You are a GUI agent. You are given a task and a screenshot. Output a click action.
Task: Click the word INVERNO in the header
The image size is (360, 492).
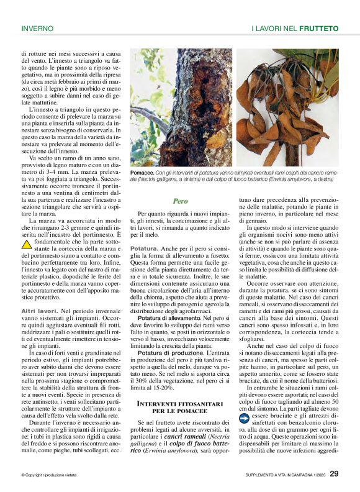coord(37,28)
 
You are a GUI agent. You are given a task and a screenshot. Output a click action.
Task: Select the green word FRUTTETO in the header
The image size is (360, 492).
coord(318,28)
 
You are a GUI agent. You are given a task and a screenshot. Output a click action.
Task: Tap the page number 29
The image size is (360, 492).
coord(334,474)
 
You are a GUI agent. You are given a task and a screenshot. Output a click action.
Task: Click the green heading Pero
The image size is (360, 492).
coord(181,201)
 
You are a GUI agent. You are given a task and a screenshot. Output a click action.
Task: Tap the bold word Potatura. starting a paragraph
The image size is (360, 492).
coord(144,248)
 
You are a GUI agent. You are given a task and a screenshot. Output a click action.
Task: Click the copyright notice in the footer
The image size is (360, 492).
coord(49,475)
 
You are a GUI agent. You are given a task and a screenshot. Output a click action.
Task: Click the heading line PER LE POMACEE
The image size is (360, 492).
coord(181,412)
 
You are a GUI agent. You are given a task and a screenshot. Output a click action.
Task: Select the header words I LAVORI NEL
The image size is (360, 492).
coord(274,28)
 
